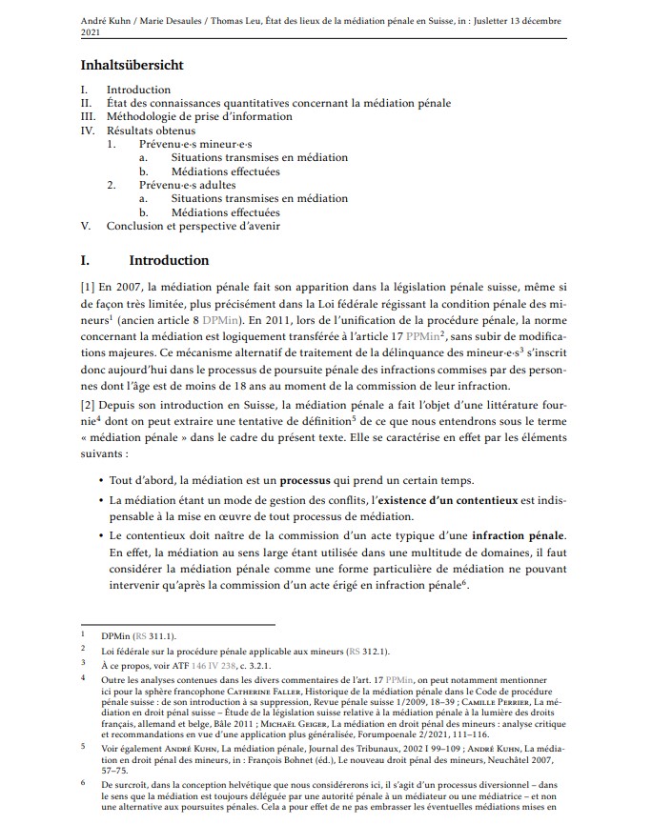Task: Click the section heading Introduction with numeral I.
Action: [x=168, y=260]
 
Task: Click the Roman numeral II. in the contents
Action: [x=86, y=103]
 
